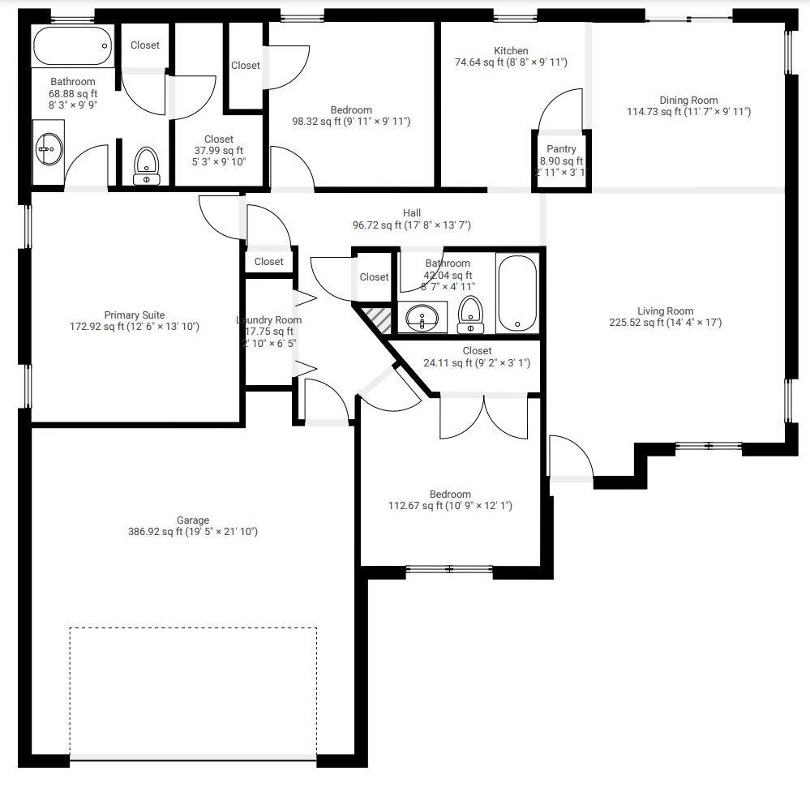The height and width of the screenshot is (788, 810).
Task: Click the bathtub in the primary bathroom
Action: pos(72,45)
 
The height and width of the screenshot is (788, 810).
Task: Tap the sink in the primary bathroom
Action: pos(49,148)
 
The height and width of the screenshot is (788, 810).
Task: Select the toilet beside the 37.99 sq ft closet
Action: pos(146,165)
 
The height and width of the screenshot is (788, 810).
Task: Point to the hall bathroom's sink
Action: pos(422,318)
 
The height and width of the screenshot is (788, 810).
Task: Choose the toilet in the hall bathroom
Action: pos(469,315)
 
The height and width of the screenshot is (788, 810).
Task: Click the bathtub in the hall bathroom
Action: pos(516,293)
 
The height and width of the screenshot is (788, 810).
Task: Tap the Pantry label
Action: pos(561,149)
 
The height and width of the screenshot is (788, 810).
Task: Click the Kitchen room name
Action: pos(511,50)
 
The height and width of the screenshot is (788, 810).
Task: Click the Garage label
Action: pos(193,520)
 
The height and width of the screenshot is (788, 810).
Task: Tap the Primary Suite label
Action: pos(135,315)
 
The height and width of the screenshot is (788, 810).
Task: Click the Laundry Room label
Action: pos(269,320)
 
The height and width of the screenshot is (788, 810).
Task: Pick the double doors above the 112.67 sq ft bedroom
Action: pos(484,417)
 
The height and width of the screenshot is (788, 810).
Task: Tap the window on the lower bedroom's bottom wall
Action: pos(449,569)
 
